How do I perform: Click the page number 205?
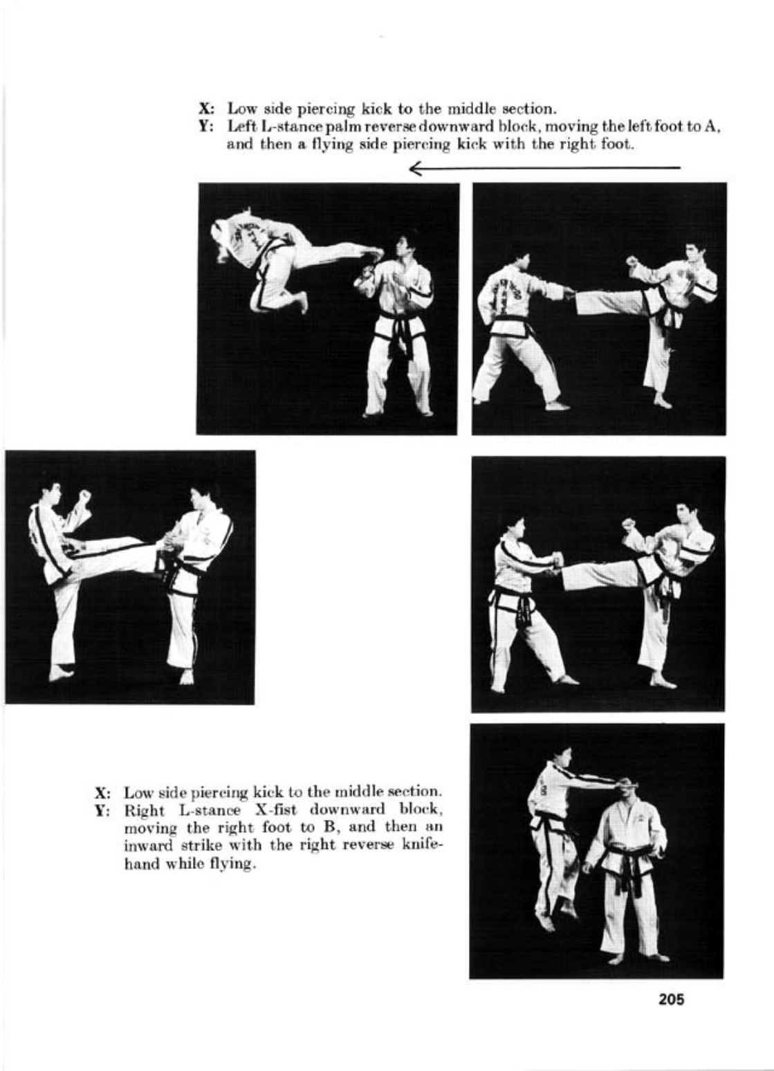671,999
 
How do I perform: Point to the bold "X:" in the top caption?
205,109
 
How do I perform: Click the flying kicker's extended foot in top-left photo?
374,254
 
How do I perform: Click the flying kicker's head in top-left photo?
223,253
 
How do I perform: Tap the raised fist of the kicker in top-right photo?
631,262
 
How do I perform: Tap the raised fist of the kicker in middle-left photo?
84,495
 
